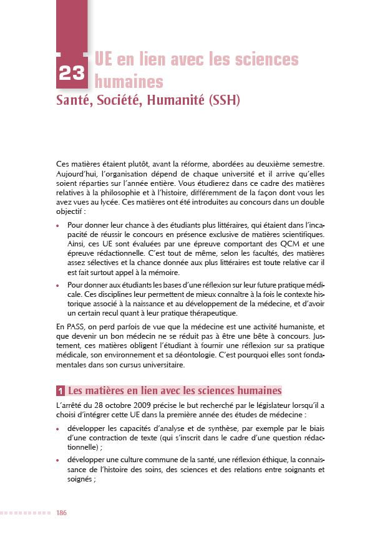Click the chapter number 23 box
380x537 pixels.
[x=73, y=72]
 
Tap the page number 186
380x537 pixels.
[x=61, y=513]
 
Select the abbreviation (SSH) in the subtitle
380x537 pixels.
[x=220, y=99]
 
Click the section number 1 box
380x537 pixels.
[x=60, y=391]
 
